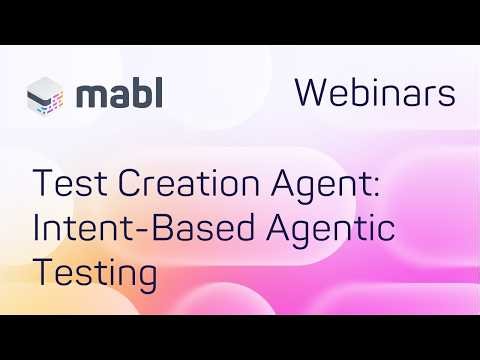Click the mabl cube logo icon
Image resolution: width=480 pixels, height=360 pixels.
(x=49, y=96)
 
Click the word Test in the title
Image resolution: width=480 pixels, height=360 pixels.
(x=63, y=186)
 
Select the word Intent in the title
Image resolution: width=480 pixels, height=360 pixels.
(x=78, y=229)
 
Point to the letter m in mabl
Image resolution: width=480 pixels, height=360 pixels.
(x=91, y=97)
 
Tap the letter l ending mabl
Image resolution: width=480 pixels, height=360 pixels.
(x=159, y=93)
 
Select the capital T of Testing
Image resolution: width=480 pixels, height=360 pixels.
(x=44, y=271)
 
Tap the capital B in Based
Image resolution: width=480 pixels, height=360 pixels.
(x=152, y=229)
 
